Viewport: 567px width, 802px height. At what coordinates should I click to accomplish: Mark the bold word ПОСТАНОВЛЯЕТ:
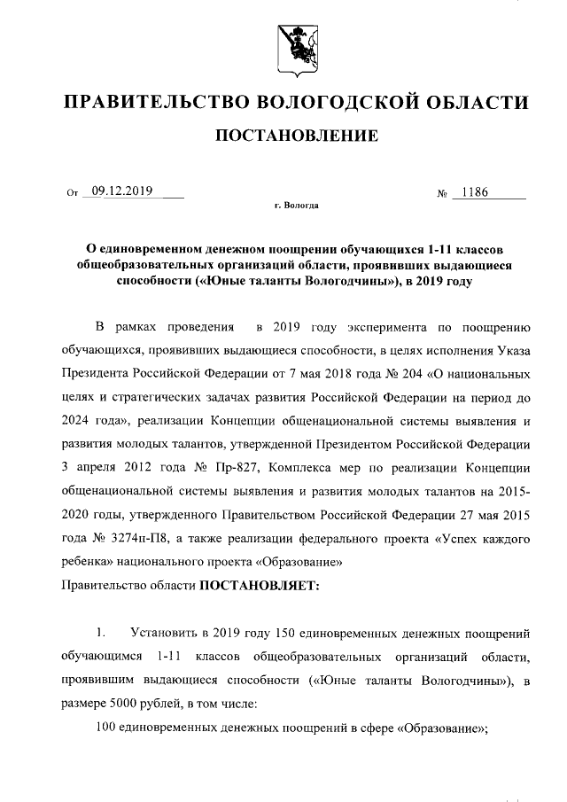[253, 585]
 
